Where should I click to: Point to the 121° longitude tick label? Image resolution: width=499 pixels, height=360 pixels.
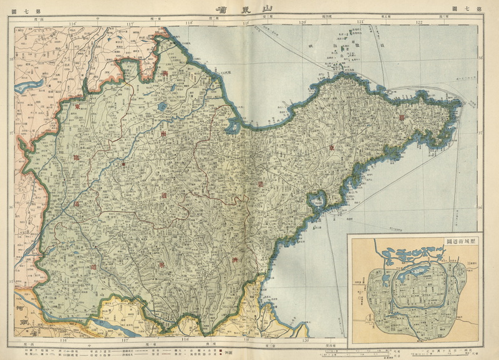pos(360,22)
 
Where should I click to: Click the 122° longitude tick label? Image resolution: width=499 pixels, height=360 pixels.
pos(419,22)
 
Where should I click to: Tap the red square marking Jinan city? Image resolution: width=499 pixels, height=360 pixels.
pos(123,164)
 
